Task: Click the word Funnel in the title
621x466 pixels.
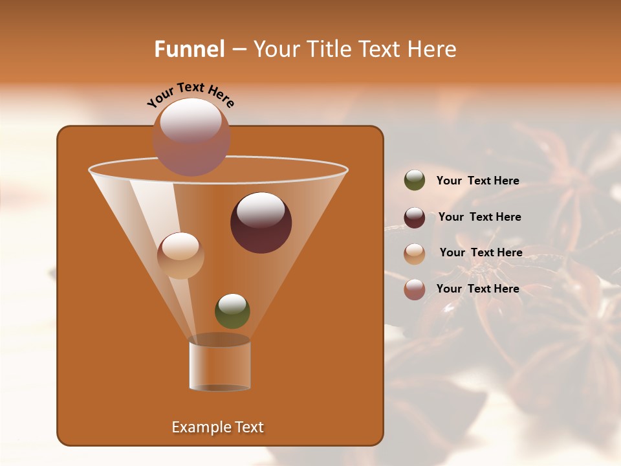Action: pos(190,49)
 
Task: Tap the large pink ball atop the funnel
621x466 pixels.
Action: pos(191,137)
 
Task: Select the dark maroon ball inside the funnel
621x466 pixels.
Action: pos(261,223)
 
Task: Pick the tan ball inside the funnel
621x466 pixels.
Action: pos(180,256)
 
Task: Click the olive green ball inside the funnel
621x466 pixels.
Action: pos(232,311)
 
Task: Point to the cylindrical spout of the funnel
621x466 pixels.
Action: pos(220,364)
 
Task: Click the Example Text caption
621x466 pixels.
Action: pos(217,427)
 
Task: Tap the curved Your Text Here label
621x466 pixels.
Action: pos(191,94)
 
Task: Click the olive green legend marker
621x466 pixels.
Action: pos(415,181)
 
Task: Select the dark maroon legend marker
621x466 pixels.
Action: pos(415,217)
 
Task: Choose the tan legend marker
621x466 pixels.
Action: pos(415,253)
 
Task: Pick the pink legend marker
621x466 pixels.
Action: pos(415,289)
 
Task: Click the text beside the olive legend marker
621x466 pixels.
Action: pos(477,181)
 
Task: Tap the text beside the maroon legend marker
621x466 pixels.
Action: pos(479,217)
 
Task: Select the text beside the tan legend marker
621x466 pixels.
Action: pos(481,253)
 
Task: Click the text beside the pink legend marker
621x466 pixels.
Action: pos(477,289)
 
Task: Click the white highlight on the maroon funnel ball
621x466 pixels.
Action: pos(261,210)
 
